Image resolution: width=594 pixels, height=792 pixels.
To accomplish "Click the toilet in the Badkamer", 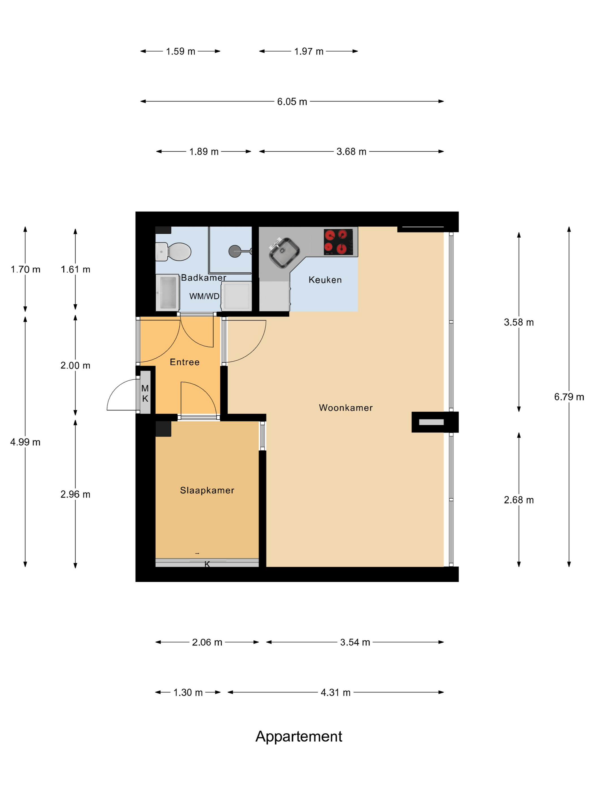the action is click(173, 251).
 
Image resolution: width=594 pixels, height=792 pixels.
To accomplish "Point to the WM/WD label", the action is click(204, 296).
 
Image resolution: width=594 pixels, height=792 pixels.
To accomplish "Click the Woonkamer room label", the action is click(346, 408).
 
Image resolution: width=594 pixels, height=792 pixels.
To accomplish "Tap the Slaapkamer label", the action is click(207, 490).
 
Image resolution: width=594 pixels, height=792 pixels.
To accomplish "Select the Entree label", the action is click(184, 362).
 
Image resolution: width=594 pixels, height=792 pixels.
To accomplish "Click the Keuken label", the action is click(325, 280).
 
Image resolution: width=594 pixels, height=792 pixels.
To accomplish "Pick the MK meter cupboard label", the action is click(145, 393).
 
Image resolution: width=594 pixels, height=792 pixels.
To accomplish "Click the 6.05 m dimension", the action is click(292, 102).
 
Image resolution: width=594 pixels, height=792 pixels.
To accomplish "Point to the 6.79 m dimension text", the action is click(569, 397).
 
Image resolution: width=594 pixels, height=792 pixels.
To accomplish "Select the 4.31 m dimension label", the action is click(335, 692).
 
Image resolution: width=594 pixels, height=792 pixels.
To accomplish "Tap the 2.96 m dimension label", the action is click(75, 494).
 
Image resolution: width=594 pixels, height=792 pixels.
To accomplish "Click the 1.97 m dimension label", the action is click(309, 51).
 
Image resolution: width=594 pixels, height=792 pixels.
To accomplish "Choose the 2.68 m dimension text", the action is click(519, 500).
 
